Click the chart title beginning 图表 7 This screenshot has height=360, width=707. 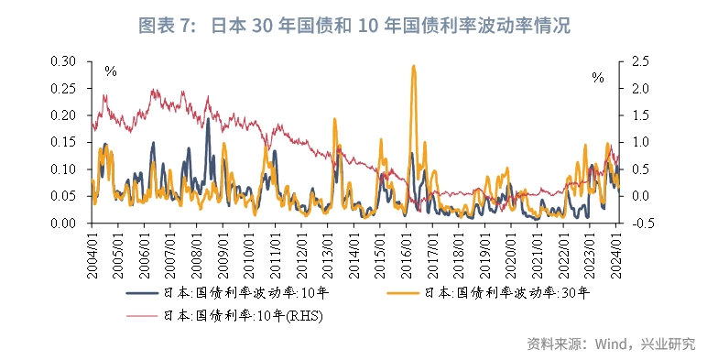click(353, 26)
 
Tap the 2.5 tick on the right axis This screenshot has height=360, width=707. click(639, 61)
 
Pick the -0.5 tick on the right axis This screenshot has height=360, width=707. click(638, 223)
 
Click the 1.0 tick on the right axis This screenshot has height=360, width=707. click(639, 142)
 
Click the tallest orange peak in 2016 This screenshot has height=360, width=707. click(414, 67)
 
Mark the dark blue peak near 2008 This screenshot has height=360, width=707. click(208, 120)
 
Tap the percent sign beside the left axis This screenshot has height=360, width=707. click(111, 71)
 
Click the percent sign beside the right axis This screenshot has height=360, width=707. click(598, 78)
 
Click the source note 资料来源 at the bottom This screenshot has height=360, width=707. click(611, 344)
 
